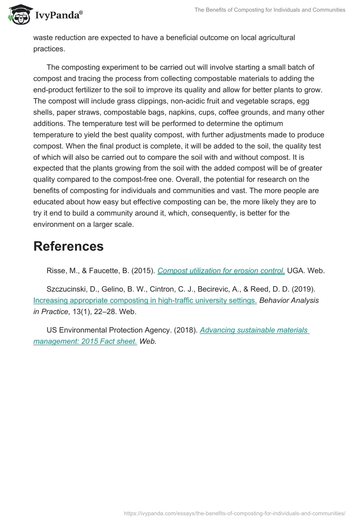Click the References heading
[x=68, y=246]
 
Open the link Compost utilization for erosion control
[x=221, y=271]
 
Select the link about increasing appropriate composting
[x=145, y=301]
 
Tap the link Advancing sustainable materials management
[x=171, y=336]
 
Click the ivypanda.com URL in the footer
[x=234, y=513]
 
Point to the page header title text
[x=270, y=10]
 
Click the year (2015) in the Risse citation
[x=144, y=271]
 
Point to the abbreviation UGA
[x=295, y=271]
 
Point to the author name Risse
[x=56, y=271]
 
